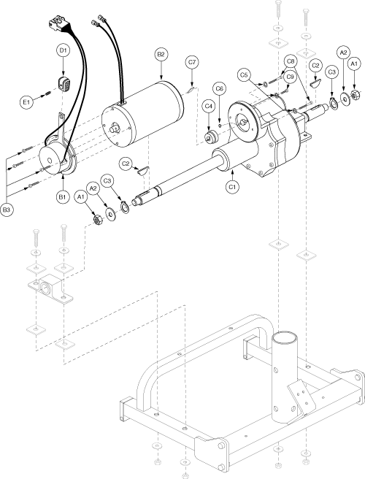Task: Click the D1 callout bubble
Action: (x=63, y=50)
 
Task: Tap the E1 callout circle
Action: (x=27, y=101)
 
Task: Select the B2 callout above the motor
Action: (x=161, y=54)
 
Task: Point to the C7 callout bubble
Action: (x=192, y=62)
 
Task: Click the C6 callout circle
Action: (x=220, y=89)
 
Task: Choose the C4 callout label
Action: (x=209, y=107)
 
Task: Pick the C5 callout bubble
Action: (x=244, y=74)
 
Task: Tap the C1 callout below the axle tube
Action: (x=233, y=187)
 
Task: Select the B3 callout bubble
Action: (x=7, y=210)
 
